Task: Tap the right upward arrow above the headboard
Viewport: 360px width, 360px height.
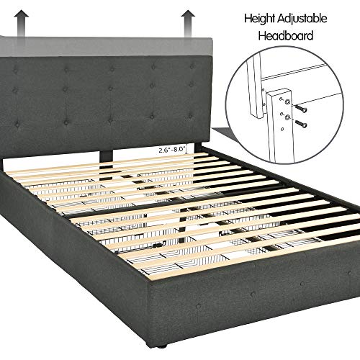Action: click(x=189, y=19)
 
